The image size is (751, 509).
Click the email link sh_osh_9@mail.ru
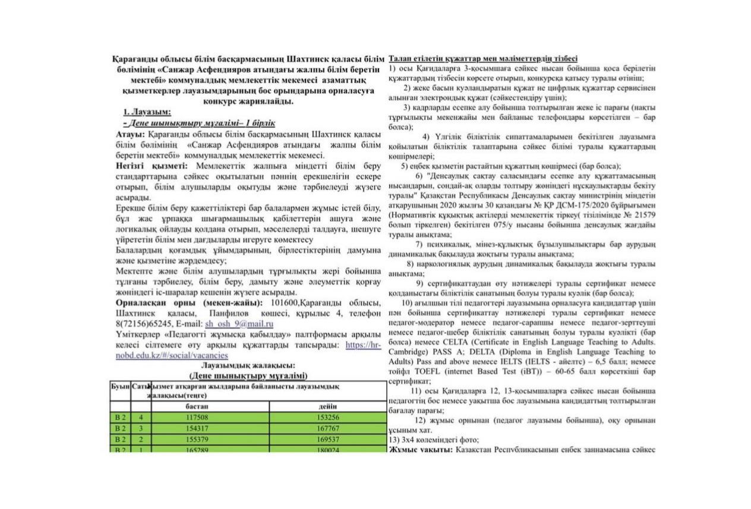tap(239, 324)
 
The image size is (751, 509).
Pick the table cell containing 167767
tap(327, 428)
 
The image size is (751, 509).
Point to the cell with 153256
tap(327, 417)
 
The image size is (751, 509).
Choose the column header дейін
tap(327, 406)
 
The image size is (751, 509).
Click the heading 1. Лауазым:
tap(147, 112)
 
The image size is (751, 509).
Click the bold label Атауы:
tap(130, 135)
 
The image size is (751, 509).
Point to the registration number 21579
tap(643, 216)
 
